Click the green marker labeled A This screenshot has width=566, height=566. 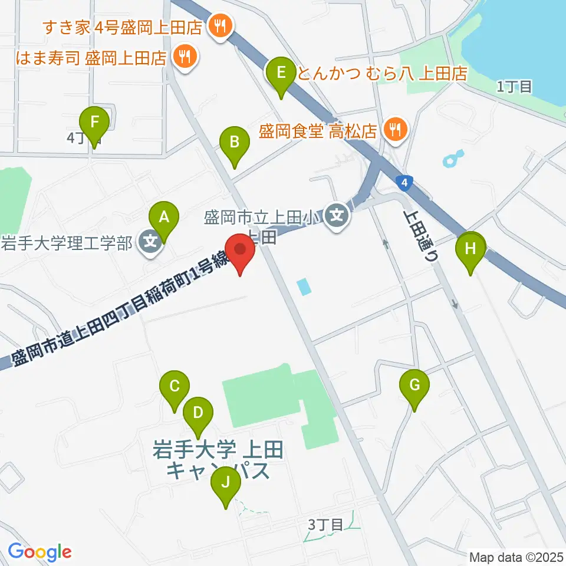(x=164, y=218)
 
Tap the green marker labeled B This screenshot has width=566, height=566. (x=234, y=142)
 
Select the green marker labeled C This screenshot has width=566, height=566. (x=175, y=387)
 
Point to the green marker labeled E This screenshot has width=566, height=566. (x=281, y=73)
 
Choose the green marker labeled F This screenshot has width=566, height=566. (x=94, y=123)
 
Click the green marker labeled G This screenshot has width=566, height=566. (x=414, y=386)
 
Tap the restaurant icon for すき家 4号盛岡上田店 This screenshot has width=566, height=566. (x=221, y=26)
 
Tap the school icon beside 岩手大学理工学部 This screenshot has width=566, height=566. (x=151, y=242)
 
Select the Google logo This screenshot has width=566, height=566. (x=39, y=551)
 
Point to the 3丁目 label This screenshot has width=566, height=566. (x=325, y=524)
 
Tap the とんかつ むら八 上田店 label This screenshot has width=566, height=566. (x=383, y=73)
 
